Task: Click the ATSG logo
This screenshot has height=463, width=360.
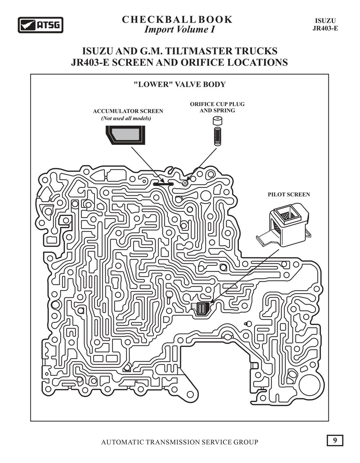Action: pyautogui.click(x=40, y=25)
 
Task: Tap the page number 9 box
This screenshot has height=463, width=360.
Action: pyautogui.click(x=335, y=441)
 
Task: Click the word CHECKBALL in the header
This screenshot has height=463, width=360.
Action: pyautogui.click(x=158, y=19)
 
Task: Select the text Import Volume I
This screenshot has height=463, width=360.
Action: pyautogui.click(x=179, y=30)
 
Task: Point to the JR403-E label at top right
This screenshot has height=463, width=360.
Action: pyautogui.click(x=325, y=28)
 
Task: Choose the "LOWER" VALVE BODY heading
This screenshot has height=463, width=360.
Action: pyautogui.click(x=180, y=85)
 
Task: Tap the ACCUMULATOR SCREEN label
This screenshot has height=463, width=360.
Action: pyautogui.click(x=128, y=111)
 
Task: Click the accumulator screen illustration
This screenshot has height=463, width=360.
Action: pyautogui.click(x=126, y=135)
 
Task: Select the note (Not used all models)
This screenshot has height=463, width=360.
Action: pyautogui.click(x=126, y=118)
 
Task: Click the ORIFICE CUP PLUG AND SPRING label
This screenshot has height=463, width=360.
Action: pyautogui.click(x=217, y=107)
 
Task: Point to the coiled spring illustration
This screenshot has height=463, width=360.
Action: pyautogui.click(x=217, y=135)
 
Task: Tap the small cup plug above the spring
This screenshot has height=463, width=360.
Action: pyautogui.click(x=217, y=121)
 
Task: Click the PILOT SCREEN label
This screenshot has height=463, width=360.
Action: pyautogui.click(x=289, y=194)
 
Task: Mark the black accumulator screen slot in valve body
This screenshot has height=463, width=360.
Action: pyautogui.click(x=163, y=184)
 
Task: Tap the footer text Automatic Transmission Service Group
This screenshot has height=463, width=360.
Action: pyautogui.click(x=180, y=442)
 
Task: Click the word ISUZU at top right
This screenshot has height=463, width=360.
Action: pyautogui.click(x=325, y=21)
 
